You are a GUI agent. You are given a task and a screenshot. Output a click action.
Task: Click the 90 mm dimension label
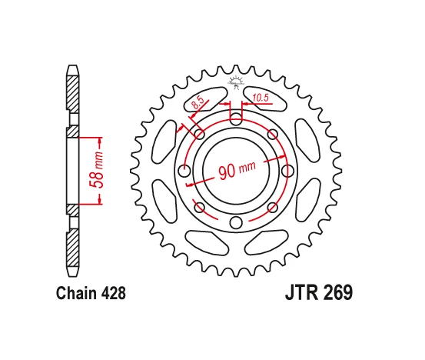pyautogui.click(x=237, y=170)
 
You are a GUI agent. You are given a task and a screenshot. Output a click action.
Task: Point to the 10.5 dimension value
pyautogui.click(x=259, y=98)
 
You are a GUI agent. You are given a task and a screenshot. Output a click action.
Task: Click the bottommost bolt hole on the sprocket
pyautogui.click(x=236, y=223)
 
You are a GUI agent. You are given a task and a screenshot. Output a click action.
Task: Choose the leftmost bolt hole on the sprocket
pyautogui.click(x=183, y=171)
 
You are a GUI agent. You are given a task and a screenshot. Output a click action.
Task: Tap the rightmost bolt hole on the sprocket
pyautogui.click(x=289, y=171)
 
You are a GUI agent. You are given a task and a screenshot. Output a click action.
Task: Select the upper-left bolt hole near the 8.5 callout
pyautogui.click(x=199, y=135)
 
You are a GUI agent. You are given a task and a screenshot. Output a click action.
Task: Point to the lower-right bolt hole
pyautogui.click(x=273, y=207)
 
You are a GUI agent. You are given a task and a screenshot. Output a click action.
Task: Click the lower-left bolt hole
pyautogui.click(x=199, y=207)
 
